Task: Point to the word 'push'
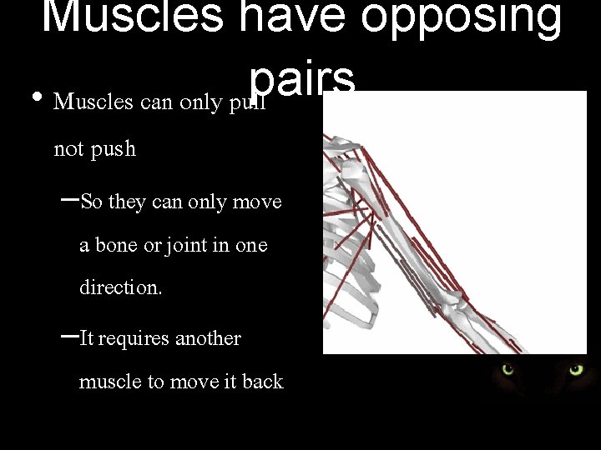click(x=113, y=151)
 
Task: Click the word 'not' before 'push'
click(x=68, y=150)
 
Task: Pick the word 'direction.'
click(x=121, y=287)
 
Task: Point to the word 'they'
click(x=126, y=202)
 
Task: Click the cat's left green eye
click(x=507, y=369)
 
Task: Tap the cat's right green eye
click(x=577, y=369)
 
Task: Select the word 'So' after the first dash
click(x=92, y=202)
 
